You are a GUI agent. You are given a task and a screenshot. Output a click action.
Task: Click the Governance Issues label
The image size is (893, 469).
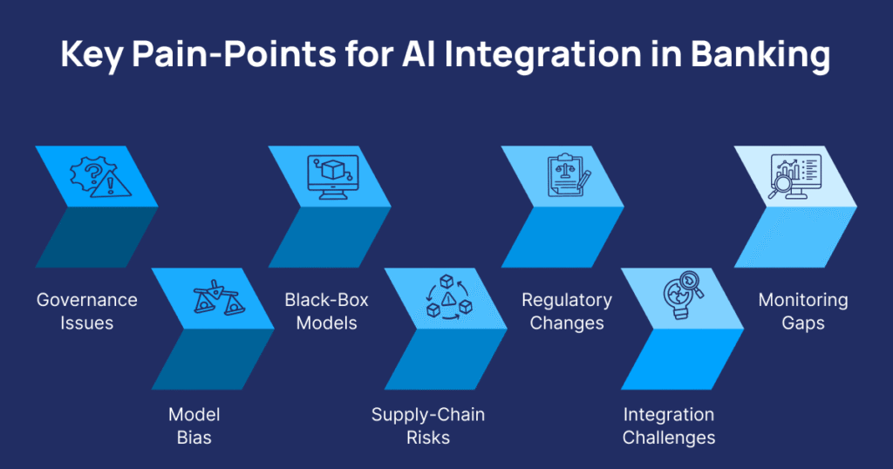click(86, 311)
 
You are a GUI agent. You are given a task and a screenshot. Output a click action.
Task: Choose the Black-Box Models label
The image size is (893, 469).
click(327, 311)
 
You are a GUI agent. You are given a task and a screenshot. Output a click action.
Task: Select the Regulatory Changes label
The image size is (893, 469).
click(567, 311)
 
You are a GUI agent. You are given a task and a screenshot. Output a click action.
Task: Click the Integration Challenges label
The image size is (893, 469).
click(668, 425)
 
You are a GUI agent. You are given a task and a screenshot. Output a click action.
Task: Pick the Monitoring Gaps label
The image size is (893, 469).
click(803, 311)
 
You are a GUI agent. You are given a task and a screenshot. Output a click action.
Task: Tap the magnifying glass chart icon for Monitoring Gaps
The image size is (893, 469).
click(794, 177)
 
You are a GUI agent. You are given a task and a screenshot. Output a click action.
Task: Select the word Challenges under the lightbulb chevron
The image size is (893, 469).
click(668, 437)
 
